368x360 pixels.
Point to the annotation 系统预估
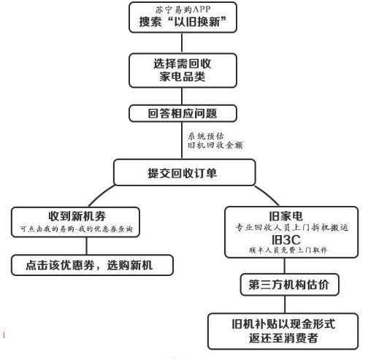(x=205, y=135)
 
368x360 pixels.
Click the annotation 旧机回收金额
(x=215, y=145)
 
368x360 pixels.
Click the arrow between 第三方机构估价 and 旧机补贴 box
(x=290, y=304)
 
